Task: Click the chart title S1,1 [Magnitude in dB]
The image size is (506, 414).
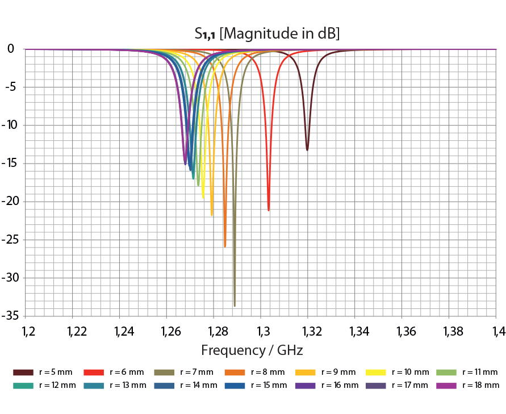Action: point(267,34)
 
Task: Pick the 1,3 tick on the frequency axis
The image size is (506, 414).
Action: point(262,331)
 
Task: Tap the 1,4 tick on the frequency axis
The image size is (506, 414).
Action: point(497,331)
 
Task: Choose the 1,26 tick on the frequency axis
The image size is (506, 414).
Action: point(166,331)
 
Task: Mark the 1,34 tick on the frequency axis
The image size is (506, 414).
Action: point(356,331)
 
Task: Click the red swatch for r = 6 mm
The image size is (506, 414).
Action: point(94,373)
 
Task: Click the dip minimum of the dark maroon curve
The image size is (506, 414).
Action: point(307,150)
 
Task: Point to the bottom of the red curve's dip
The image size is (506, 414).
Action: point(269,210)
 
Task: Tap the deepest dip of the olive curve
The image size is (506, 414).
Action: point(235,306)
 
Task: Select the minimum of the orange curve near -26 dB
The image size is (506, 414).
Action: point(225,246)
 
